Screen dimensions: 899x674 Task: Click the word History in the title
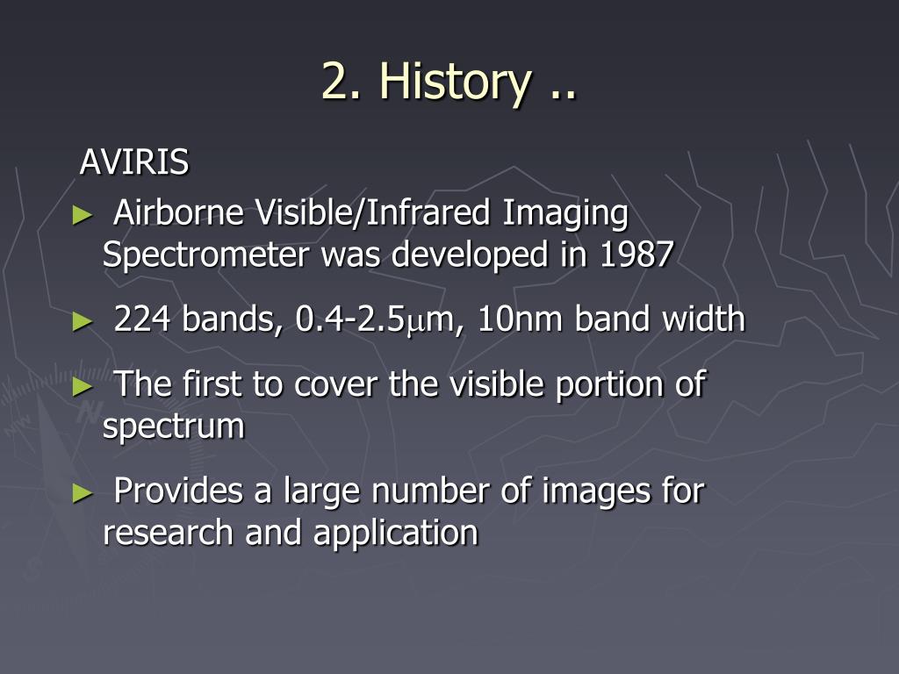click(456, 82)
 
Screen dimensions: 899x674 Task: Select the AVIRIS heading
click(134, 161)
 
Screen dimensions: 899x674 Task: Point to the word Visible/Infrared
click(372, 212)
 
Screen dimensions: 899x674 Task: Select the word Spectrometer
click(205, 255)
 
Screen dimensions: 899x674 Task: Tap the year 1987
click(636, 255)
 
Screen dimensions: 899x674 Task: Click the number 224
click(142, 319)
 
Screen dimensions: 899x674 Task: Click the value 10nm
click(520, 319)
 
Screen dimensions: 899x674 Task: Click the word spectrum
click(174, 428)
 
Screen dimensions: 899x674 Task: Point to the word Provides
click(178, 491)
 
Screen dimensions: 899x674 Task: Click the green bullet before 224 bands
click(83, 321)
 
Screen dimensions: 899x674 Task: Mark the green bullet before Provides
click(83, 493)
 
